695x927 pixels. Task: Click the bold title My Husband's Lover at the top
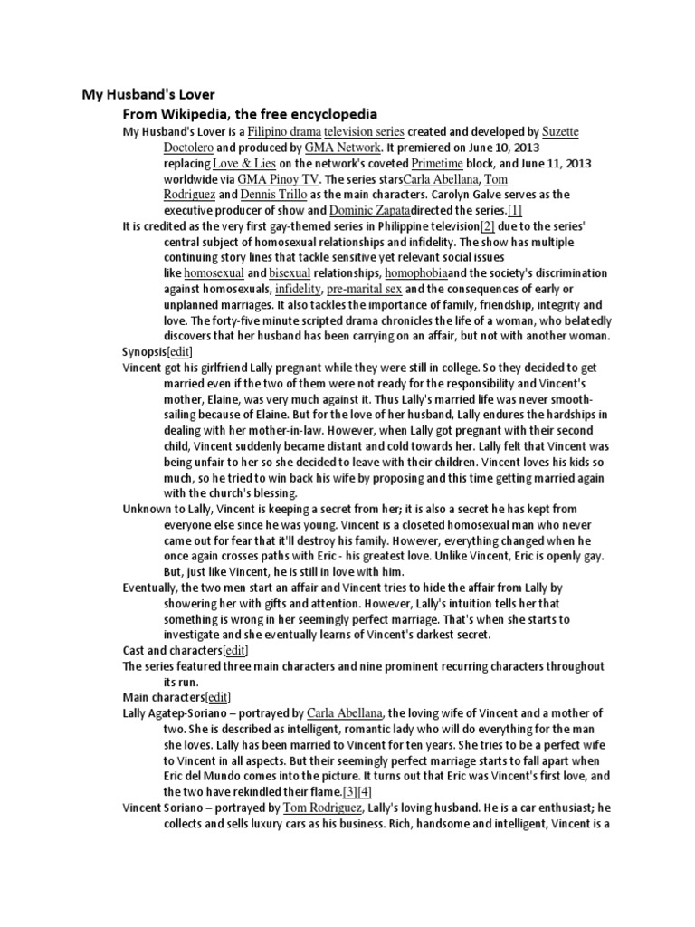click(x=148, y=94)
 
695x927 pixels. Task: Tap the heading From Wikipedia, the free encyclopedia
click(x=250, y=115)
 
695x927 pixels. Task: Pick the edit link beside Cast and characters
click(x=235, y=651)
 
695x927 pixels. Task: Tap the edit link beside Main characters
click(x=218, y=697)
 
